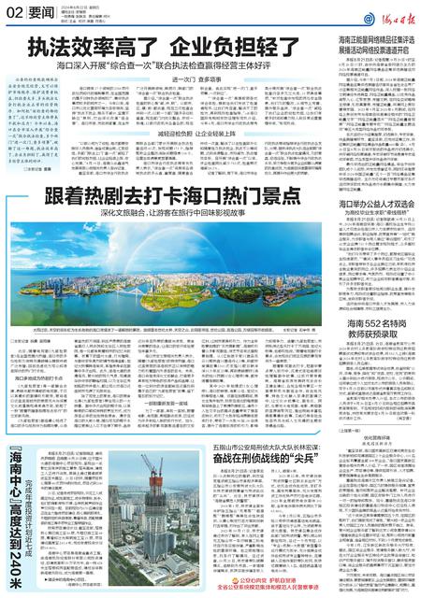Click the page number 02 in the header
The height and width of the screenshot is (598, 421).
[13, 10]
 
